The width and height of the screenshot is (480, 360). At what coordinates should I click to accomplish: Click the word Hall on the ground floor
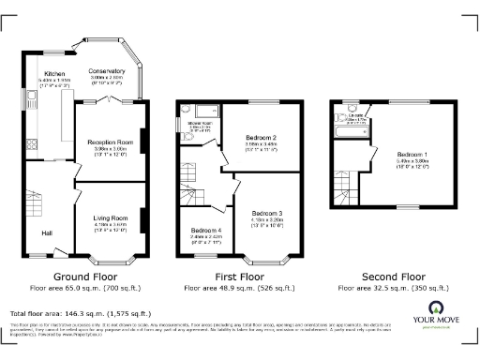pyautogui.click(x=47, y=232)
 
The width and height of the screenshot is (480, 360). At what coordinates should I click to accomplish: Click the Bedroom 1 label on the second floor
pyautogui.click(x=412, y=154)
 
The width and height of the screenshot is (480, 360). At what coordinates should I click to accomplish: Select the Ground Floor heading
pyautogui.click(x=84, y=277)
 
